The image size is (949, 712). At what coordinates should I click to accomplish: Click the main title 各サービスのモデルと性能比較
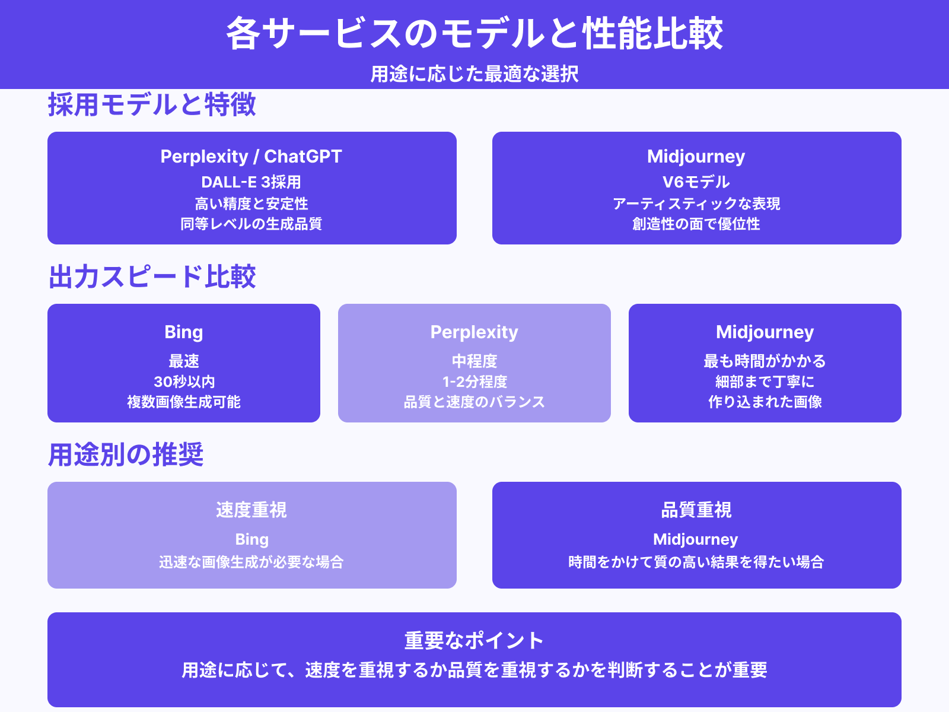click(474, 33)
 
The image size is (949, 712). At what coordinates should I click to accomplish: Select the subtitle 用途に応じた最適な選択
click(474, 74)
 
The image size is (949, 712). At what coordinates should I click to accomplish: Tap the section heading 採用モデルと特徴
click(152, 105)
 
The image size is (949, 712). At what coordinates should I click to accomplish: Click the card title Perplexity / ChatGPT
click(251, 156)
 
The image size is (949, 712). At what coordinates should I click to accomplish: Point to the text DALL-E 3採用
click(251, 182)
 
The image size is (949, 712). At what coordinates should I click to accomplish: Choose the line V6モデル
click(696, 182)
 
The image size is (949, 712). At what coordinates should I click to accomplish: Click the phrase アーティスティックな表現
click(696, 204)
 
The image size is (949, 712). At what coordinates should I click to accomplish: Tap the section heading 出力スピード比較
click(152, 277)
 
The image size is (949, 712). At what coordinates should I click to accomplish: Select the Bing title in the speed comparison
click(184, 332)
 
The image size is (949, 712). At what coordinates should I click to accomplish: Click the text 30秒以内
click(184, 382)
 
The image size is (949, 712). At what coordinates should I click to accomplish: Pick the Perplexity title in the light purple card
click(474, 332)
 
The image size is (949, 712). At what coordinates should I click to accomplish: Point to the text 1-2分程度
click(474, 382)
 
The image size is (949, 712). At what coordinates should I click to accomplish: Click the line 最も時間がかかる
click(765, 361)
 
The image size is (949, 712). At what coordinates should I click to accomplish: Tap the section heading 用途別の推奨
click(126, 455)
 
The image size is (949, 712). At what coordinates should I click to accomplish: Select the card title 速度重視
click(251, 510)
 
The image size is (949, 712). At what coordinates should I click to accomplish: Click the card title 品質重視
click(696, 510)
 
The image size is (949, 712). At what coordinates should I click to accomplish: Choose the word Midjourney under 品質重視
click(696, 539)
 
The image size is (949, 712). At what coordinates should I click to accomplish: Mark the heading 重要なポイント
click(474, 640)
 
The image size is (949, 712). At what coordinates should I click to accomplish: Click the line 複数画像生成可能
click(184, 402)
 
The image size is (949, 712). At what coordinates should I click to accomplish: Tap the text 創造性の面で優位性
click(696, 224)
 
